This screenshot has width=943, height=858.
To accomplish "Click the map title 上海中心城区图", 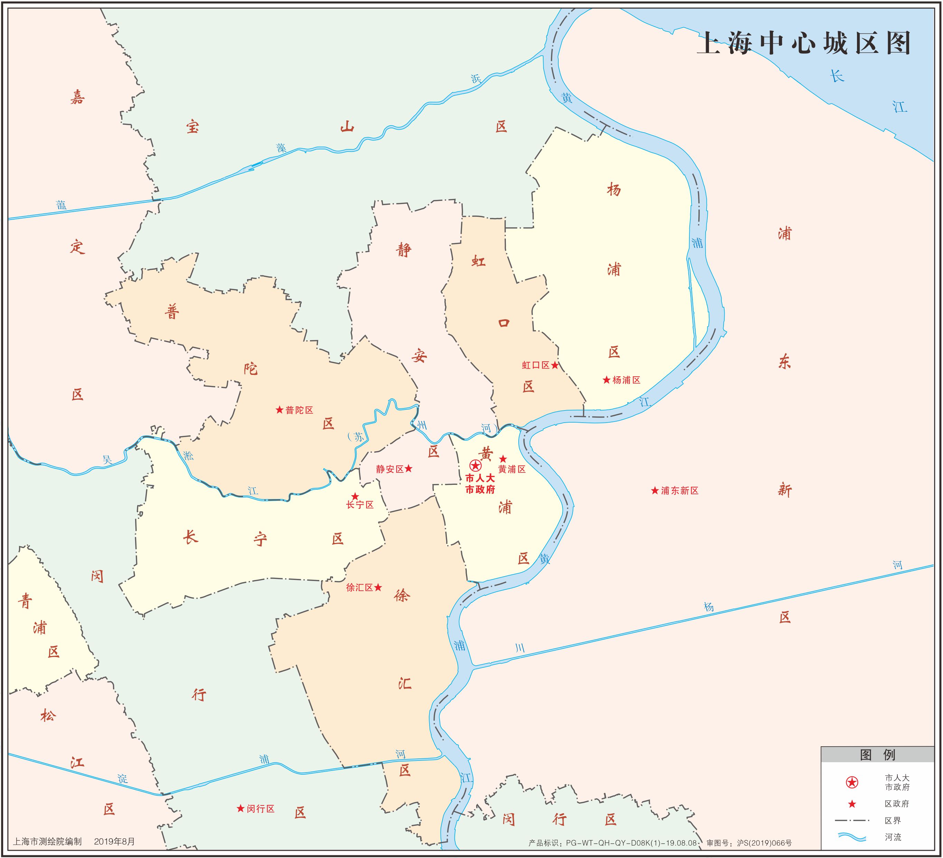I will [x=804, y=44].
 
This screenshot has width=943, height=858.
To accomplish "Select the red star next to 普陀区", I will [x=279, y=410].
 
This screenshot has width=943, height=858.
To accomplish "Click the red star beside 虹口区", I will [x=555, y=365].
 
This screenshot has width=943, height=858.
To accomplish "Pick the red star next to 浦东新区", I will [x=655, y=490].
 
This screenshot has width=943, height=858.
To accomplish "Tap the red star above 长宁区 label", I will [x=355, y=496].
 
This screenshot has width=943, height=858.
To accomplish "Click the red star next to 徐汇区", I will [x=378, y=587].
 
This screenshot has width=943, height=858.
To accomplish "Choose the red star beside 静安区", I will [x=408, y=469].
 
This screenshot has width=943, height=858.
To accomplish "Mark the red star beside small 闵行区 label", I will [x=241, y=809].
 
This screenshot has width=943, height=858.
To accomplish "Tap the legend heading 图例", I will [x=877, y=755].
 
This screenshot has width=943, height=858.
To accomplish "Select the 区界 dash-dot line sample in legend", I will [x=852, y=821].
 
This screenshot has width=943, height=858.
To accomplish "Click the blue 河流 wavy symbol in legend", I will [x=852, y=837].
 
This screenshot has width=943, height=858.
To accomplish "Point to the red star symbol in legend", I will [x=852, y=804].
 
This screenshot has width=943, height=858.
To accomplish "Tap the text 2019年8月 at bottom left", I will [x=115, y=841].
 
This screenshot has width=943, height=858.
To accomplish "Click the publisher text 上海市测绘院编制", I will [x=47, y=841].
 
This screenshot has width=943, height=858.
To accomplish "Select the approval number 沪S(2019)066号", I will [x=764, y=843].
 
